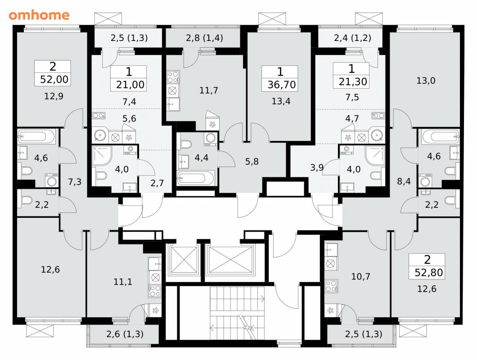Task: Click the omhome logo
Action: point(39,15)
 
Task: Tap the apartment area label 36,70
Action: point(281,85)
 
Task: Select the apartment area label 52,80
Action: point(428,272)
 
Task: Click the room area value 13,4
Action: point(281,101)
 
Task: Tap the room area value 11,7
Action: point(208,90)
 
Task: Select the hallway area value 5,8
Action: point(252,161)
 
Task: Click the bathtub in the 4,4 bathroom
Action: point(196,178)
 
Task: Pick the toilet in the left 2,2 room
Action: point(27,200)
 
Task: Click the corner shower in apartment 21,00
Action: point(102,156)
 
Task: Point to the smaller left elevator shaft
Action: point(184,260)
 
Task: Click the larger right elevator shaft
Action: point(231,260)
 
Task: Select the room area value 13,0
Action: point(426,81)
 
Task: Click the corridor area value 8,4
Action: point(404,181)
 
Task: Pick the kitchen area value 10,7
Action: point(360,277)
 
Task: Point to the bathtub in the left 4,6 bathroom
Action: point(36,136)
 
